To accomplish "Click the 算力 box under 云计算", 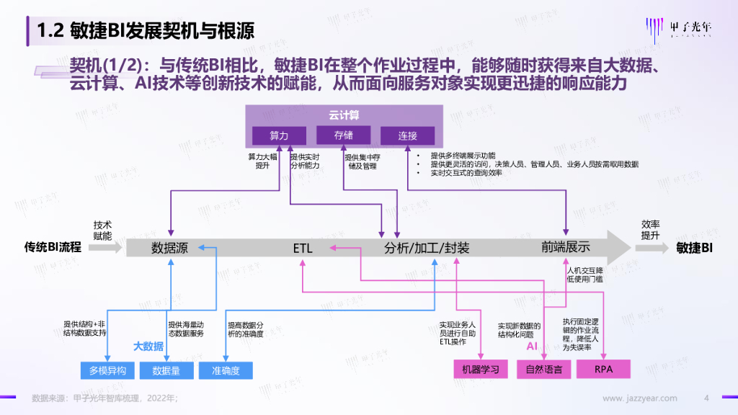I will (279, 135).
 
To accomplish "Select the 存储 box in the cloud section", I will (343, 135).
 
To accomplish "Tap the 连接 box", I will (407, 135).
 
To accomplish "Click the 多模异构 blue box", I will (107, 370).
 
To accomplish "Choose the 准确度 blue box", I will (226, 370).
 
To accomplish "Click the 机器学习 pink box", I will (480, 370).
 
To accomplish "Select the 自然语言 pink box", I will (544, 370).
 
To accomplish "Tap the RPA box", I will (604, 370).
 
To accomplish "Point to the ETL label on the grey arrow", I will (303, 248).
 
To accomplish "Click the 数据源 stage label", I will (169, 248).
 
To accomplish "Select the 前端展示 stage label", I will (566, 247).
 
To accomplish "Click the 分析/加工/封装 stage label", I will (427, 248).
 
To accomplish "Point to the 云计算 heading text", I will (344, 114).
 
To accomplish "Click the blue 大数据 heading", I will (148, 346).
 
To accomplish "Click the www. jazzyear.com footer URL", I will (640, 398).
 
